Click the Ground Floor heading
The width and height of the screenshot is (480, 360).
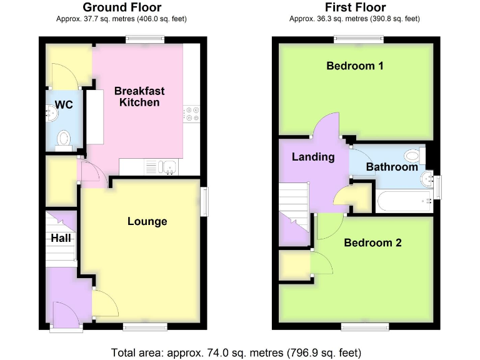tap(122, 7)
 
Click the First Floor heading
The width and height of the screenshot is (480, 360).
tap(355, 7)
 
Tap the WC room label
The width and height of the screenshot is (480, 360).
tap(64, 105)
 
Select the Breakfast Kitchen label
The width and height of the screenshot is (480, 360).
tap(139, 96)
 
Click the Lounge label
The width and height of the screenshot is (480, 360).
tap(147, 221)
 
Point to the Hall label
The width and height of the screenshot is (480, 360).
tap(61, 238)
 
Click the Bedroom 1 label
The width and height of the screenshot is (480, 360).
tap(355, 66)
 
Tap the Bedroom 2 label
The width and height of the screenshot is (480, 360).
tap(372, 242)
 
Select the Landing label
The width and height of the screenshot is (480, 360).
tap(313, 157)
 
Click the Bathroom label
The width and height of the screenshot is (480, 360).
tap(392, 167)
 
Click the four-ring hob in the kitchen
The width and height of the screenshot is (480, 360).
tap(191, 113)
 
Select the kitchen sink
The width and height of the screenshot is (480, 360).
tap(167, 166)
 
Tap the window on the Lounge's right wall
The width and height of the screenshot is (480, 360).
tap(204, 203)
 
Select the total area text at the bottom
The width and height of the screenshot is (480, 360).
tap(236, 352)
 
